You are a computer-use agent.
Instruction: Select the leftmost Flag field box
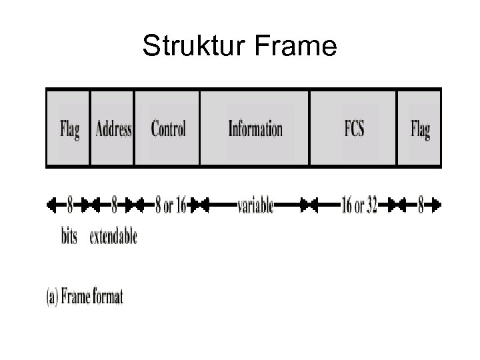(69, 128)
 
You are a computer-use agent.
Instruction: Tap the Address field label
(113, 128)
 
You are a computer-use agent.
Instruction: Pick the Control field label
(168, 128)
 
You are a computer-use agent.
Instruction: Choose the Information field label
(255, 128)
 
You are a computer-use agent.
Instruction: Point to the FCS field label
(353, 128)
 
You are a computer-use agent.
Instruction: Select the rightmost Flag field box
(420, 128)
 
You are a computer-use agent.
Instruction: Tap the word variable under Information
(255, 206)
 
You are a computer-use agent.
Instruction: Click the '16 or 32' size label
(359, 206)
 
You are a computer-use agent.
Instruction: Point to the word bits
(69, 236)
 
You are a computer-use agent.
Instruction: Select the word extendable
(113, 236)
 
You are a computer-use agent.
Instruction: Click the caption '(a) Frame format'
(84, 297)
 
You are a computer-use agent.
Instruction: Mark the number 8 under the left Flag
(69, 206)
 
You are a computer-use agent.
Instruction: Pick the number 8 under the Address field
(114, 206)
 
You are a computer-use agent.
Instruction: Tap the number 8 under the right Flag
(420, 206)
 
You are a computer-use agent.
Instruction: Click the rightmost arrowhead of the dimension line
(437, 206)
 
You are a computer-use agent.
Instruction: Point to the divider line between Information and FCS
(310, 128)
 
